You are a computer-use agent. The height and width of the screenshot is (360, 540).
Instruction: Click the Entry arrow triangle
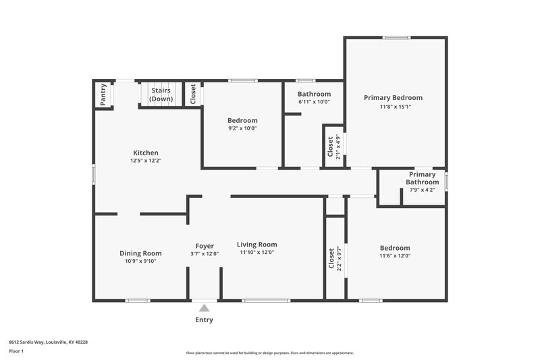click(204, 308)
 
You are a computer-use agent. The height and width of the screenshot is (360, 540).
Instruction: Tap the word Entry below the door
click(204, 319)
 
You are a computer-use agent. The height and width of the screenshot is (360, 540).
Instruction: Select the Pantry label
click(103, 95)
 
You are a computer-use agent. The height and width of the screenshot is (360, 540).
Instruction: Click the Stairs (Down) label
click(161, 94)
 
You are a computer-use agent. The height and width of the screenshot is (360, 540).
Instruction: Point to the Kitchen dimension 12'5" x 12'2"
click(145, 161)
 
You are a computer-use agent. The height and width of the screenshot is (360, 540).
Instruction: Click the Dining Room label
click(140, 253)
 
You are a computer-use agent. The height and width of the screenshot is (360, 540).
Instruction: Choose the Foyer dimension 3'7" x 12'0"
click(205, 253)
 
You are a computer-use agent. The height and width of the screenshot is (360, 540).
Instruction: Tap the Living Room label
click(256, 245)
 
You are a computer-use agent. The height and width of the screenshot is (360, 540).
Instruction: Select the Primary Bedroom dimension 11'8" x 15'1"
click(395, 107)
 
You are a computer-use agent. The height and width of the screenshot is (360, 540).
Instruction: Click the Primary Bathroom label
click(422, 178)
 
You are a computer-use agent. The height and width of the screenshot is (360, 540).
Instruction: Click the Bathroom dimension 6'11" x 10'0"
click(314, 102)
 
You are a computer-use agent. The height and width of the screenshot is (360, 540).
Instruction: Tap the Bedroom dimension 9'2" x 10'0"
click(242, 128)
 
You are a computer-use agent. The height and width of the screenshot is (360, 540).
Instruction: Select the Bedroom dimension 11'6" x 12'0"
click(394, 256)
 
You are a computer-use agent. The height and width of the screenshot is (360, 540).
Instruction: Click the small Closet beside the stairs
click(193, 94)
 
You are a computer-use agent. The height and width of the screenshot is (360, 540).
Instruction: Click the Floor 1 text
click(16, 352)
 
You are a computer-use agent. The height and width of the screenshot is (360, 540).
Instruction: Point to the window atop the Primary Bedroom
click(396, 37)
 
